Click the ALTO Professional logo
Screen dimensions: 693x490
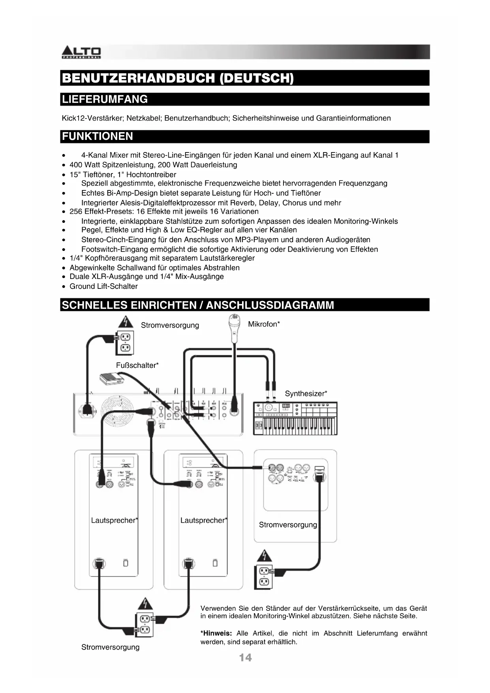(x=81, y=53)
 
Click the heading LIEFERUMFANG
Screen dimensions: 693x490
(x=105, y=99)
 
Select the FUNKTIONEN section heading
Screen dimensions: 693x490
(x=98, y=136)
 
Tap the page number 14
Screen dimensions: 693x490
(x=245, y=657)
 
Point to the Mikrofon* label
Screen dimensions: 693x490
(x=264, y=324)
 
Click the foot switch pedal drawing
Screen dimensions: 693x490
(x=112, y=379)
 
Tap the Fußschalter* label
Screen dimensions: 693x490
(x=137, y=365)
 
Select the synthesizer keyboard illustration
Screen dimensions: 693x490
(x=295, y=418)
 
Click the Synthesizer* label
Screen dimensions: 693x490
(x=306, y=394)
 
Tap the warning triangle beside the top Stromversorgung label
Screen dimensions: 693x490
(x=126, y=322)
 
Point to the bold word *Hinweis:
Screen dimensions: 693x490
(x=216, y=633)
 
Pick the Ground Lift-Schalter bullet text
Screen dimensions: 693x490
(x=103, y=286)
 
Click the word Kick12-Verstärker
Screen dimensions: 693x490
(x=92, y=118)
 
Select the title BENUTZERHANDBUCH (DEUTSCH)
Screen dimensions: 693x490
(x=178, y=78)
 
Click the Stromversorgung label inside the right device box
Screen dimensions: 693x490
(x=288, y=525)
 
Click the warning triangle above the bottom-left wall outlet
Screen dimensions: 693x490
(x=146, y=604)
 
